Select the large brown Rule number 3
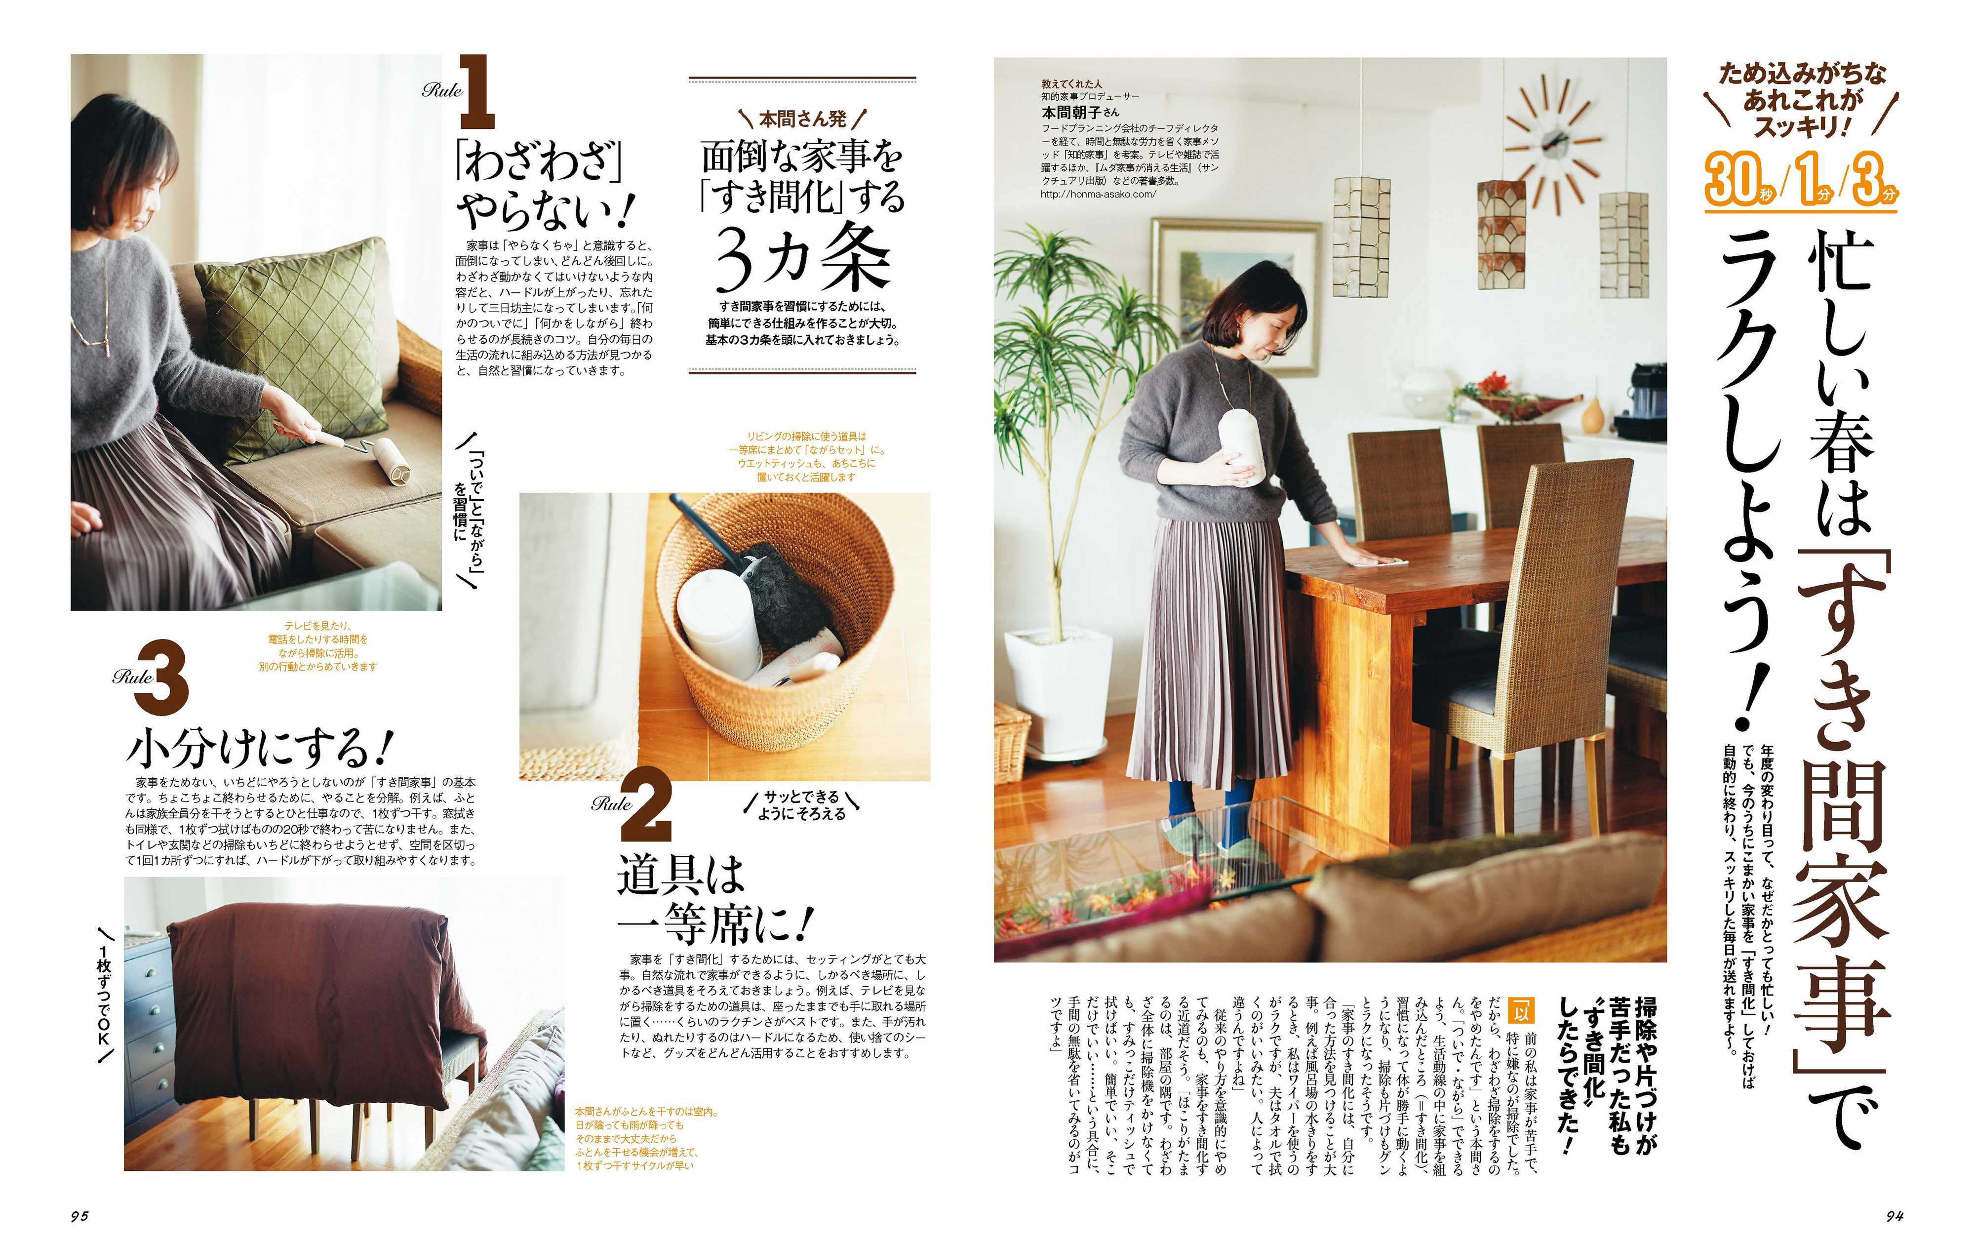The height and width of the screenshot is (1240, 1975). coord(162,678)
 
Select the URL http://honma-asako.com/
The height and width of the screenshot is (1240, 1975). coord(1099,195)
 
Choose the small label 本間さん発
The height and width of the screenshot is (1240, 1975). coord(802,120)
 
